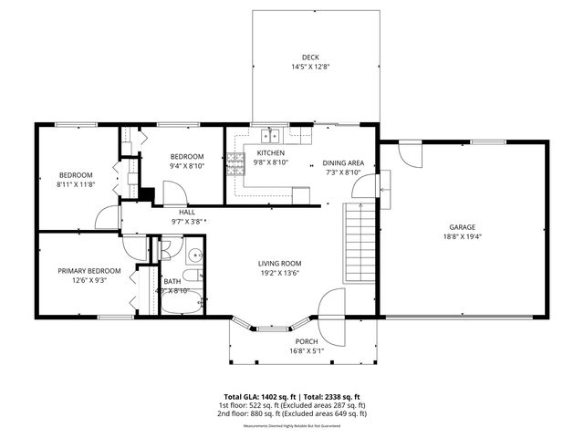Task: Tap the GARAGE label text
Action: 462,227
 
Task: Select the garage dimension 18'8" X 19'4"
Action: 462,236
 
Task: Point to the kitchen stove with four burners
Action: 235,161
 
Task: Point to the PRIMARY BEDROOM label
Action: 89,271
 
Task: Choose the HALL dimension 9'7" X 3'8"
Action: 187,222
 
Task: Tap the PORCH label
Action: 306,340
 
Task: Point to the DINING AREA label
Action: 343,163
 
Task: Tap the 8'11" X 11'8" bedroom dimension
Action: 76,184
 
